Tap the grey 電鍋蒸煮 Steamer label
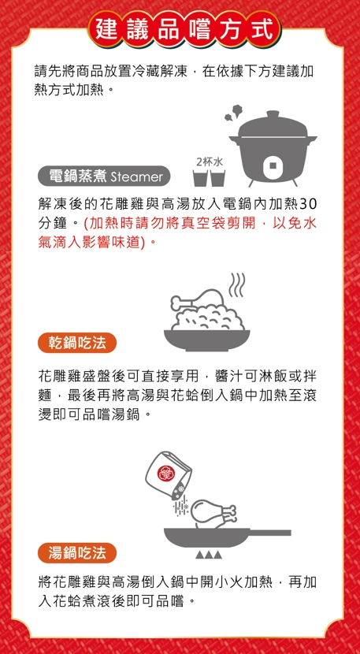(104, 177)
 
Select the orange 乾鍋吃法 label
(77, 343)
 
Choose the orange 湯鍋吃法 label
(77, 553)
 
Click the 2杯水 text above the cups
(209, 162)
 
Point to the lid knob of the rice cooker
(273, 115)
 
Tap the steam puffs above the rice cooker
(233, 112)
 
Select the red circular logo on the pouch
(164, 472)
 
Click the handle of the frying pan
(270, 533)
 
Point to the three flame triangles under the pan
(208, 555)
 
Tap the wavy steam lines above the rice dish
(237, 286)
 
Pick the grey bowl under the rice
(207, 340)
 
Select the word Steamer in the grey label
(137, 177)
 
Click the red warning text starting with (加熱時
(177, 232)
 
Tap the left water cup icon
(200, 178)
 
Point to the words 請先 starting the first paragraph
(47, 72)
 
